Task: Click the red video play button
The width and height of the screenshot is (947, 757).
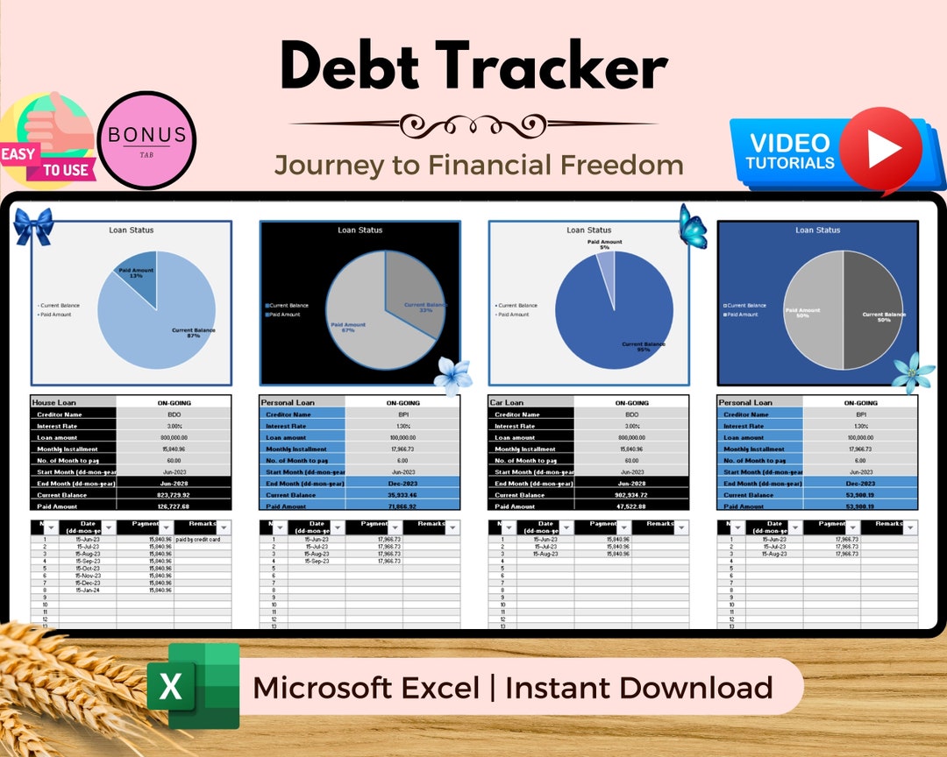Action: click(x=880, y=150)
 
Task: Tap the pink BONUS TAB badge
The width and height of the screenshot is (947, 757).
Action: click(x=146, y=140)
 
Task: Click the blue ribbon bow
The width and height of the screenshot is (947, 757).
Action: click(x=34, y=226)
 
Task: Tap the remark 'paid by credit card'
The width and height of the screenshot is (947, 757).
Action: click(x=197, y=540)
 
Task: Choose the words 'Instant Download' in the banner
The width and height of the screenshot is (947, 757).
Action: click(x=639, y=688)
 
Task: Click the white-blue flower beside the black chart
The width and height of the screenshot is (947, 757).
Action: click(x=453, y=375)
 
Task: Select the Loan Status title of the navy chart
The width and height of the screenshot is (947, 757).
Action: click(x=817, y=230)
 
